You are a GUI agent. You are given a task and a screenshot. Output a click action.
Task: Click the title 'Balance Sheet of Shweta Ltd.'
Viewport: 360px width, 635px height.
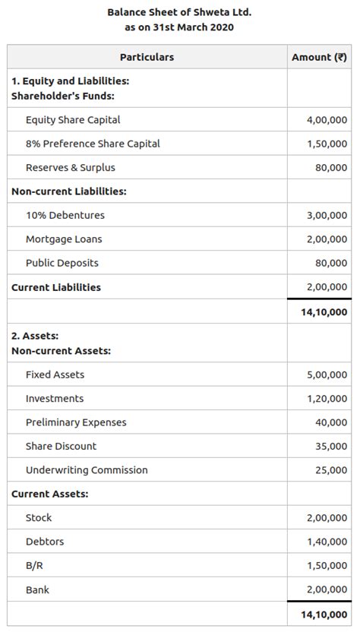click(179, 12)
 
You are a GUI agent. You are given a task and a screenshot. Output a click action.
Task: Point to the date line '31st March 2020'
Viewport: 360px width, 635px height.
click(179, 27)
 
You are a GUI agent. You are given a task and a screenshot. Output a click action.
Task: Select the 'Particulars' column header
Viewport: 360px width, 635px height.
click(147, 57)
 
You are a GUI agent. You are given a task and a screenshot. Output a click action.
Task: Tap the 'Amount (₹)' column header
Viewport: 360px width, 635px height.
click(319, 57)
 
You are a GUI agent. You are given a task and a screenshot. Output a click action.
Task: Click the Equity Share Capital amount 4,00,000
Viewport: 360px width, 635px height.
click(327, 120)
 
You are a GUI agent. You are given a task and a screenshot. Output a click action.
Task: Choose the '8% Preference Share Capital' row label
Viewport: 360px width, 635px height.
click(93, 144)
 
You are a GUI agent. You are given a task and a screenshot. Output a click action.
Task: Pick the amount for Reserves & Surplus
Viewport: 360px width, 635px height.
click(331, 168)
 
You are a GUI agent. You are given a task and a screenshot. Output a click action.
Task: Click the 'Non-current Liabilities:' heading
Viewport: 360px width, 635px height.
click(69, 191)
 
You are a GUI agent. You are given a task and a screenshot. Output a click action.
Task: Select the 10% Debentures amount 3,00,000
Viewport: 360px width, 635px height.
click(327, 216)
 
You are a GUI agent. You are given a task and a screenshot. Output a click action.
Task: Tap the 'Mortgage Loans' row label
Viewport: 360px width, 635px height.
click(64, 239)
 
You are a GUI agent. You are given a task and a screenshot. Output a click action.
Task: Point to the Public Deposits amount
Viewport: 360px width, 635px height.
click(331, 264)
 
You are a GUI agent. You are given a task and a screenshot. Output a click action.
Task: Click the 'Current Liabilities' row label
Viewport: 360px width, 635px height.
click(56, 287)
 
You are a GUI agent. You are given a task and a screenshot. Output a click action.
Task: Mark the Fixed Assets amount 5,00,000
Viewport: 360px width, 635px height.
click(327, 375)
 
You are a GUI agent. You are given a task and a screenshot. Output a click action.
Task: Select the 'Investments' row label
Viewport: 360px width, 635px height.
click(55, 399)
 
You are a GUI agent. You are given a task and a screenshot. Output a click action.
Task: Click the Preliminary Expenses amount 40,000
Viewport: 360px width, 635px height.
click(331, 423)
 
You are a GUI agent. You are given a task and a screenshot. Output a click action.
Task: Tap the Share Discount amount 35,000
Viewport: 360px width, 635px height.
click(331, 447)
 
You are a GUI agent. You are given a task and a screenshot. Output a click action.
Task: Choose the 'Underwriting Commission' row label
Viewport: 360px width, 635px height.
click(87, 470)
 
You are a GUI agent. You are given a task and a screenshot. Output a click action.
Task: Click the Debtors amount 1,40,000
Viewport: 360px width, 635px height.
click(327, 542)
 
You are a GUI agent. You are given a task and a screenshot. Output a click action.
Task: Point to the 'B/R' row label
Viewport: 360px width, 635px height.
click(35, 566)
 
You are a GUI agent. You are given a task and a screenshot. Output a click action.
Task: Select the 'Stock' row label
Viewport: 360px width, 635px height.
click(39, 518)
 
